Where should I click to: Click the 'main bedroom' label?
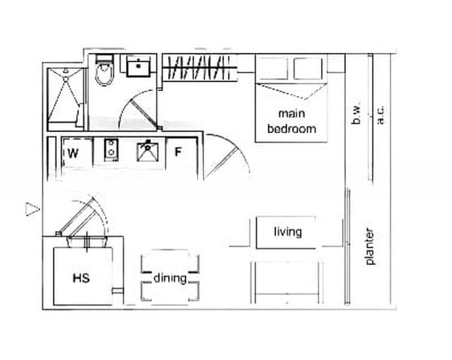point(292,121)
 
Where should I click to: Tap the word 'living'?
point(288,232)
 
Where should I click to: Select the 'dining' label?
point(170,278)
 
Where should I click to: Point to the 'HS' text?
point(81,278)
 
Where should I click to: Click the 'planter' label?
point(370,247)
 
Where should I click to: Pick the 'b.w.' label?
point(357,115)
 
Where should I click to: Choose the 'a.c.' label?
point(381,115)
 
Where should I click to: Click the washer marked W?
point(77,152)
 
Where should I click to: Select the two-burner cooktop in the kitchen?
point(111,150)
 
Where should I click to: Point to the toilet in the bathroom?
point(104,70)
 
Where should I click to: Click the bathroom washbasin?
point(139,66)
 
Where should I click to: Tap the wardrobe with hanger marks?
point(199,68)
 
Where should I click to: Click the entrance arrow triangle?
point(32,209)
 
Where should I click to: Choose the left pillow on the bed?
point(272,68)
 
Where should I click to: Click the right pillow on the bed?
point(308,68)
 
